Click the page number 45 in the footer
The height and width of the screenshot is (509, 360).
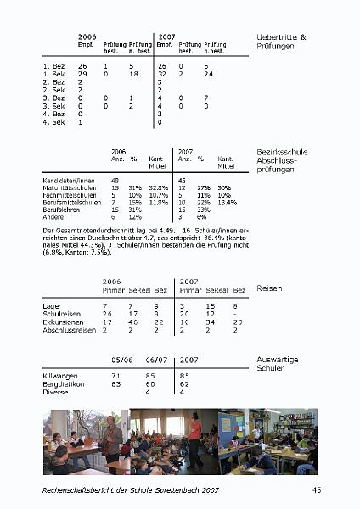click(317, 490)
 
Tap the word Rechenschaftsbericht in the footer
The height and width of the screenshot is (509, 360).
click(79, 490)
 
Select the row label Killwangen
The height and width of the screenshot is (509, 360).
click(60, 375)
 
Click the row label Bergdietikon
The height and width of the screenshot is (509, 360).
click(62, 383)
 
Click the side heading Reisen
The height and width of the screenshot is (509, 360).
click(269, 288)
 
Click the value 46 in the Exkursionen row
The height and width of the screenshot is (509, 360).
click(132, 322)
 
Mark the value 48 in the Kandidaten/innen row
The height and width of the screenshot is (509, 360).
click(115, 180)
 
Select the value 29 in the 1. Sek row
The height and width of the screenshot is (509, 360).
click(82, 75)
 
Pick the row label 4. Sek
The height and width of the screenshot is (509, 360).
click(53, 122)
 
